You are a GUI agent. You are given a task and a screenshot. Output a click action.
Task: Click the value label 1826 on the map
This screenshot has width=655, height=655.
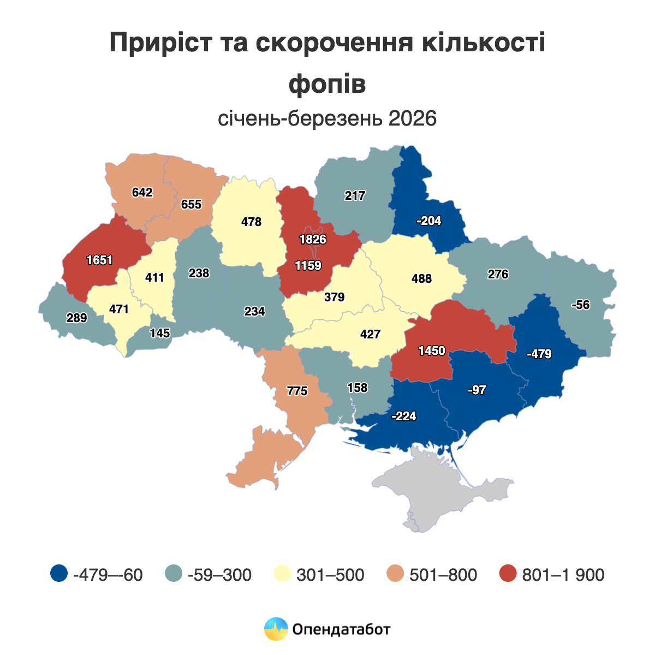click(312, 239)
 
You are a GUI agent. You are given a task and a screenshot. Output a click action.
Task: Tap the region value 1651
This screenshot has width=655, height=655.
click(99, 260)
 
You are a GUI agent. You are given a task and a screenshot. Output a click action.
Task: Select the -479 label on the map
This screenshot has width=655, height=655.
click(539, 354)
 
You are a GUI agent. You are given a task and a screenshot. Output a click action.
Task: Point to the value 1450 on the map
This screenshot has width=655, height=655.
click(432, 351)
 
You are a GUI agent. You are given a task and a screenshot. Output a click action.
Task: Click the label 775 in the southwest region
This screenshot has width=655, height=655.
click(297, 391)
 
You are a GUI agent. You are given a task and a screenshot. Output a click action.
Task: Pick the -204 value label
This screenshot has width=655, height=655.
click(428, 221)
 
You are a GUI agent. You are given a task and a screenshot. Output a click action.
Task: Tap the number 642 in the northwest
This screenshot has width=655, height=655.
click(142, 192)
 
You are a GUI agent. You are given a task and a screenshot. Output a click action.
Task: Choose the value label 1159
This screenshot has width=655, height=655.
click(308, 266)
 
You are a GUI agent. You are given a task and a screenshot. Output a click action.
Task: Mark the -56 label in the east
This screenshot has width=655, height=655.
click(580, 305)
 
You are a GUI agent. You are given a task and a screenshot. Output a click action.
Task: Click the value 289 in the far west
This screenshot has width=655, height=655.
click(76, 318)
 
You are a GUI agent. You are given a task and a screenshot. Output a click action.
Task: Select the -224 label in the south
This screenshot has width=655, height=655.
click(404, 416)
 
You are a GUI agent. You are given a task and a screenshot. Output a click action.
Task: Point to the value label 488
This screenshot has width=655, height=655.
click(421, 279)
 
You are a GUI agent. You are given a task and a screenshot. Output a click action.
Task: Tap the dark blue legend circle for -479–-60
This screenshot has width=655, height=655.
click(58, 574)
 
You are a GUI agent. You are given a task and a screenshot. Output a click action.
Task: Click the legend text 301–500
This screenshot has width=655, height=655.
click(330, 575)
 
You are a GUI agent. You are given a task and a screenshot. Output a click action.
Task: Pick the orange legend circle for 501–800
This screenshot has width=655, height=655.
click(395, 574)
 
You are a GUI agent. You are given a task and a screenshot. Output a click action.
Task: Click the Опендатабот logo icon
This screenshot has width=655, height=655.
click(276, 629)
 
